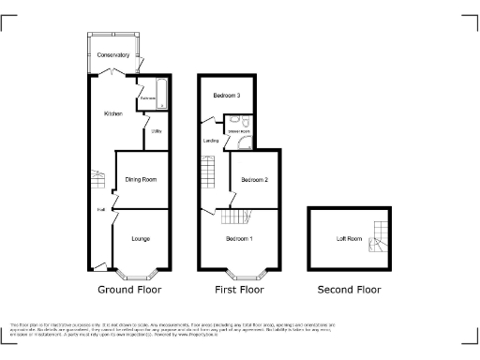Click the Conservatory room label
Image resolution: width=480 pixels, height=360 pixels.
tap(112, 55)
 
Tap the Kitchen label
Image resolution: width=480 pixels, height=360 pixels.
tap(113, 112)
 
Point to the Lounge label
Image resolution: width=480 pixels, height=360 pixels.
tap(140, 239)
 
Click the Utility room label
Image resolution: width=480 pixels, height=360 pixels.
tap(157, 130)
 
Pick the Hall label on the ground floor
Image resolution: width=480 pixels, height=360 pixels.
tap(99, 209)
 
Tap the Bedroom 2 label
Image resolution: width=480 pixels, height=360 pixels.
tap(255, 179)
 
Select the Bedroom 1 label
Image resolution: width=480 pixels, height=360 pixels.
tap(239, 239)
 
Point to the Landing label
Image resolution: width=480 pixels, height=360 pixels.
tap(211, 141)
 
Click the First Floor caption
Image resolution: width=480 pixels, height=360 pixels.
tap(239, 290)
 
